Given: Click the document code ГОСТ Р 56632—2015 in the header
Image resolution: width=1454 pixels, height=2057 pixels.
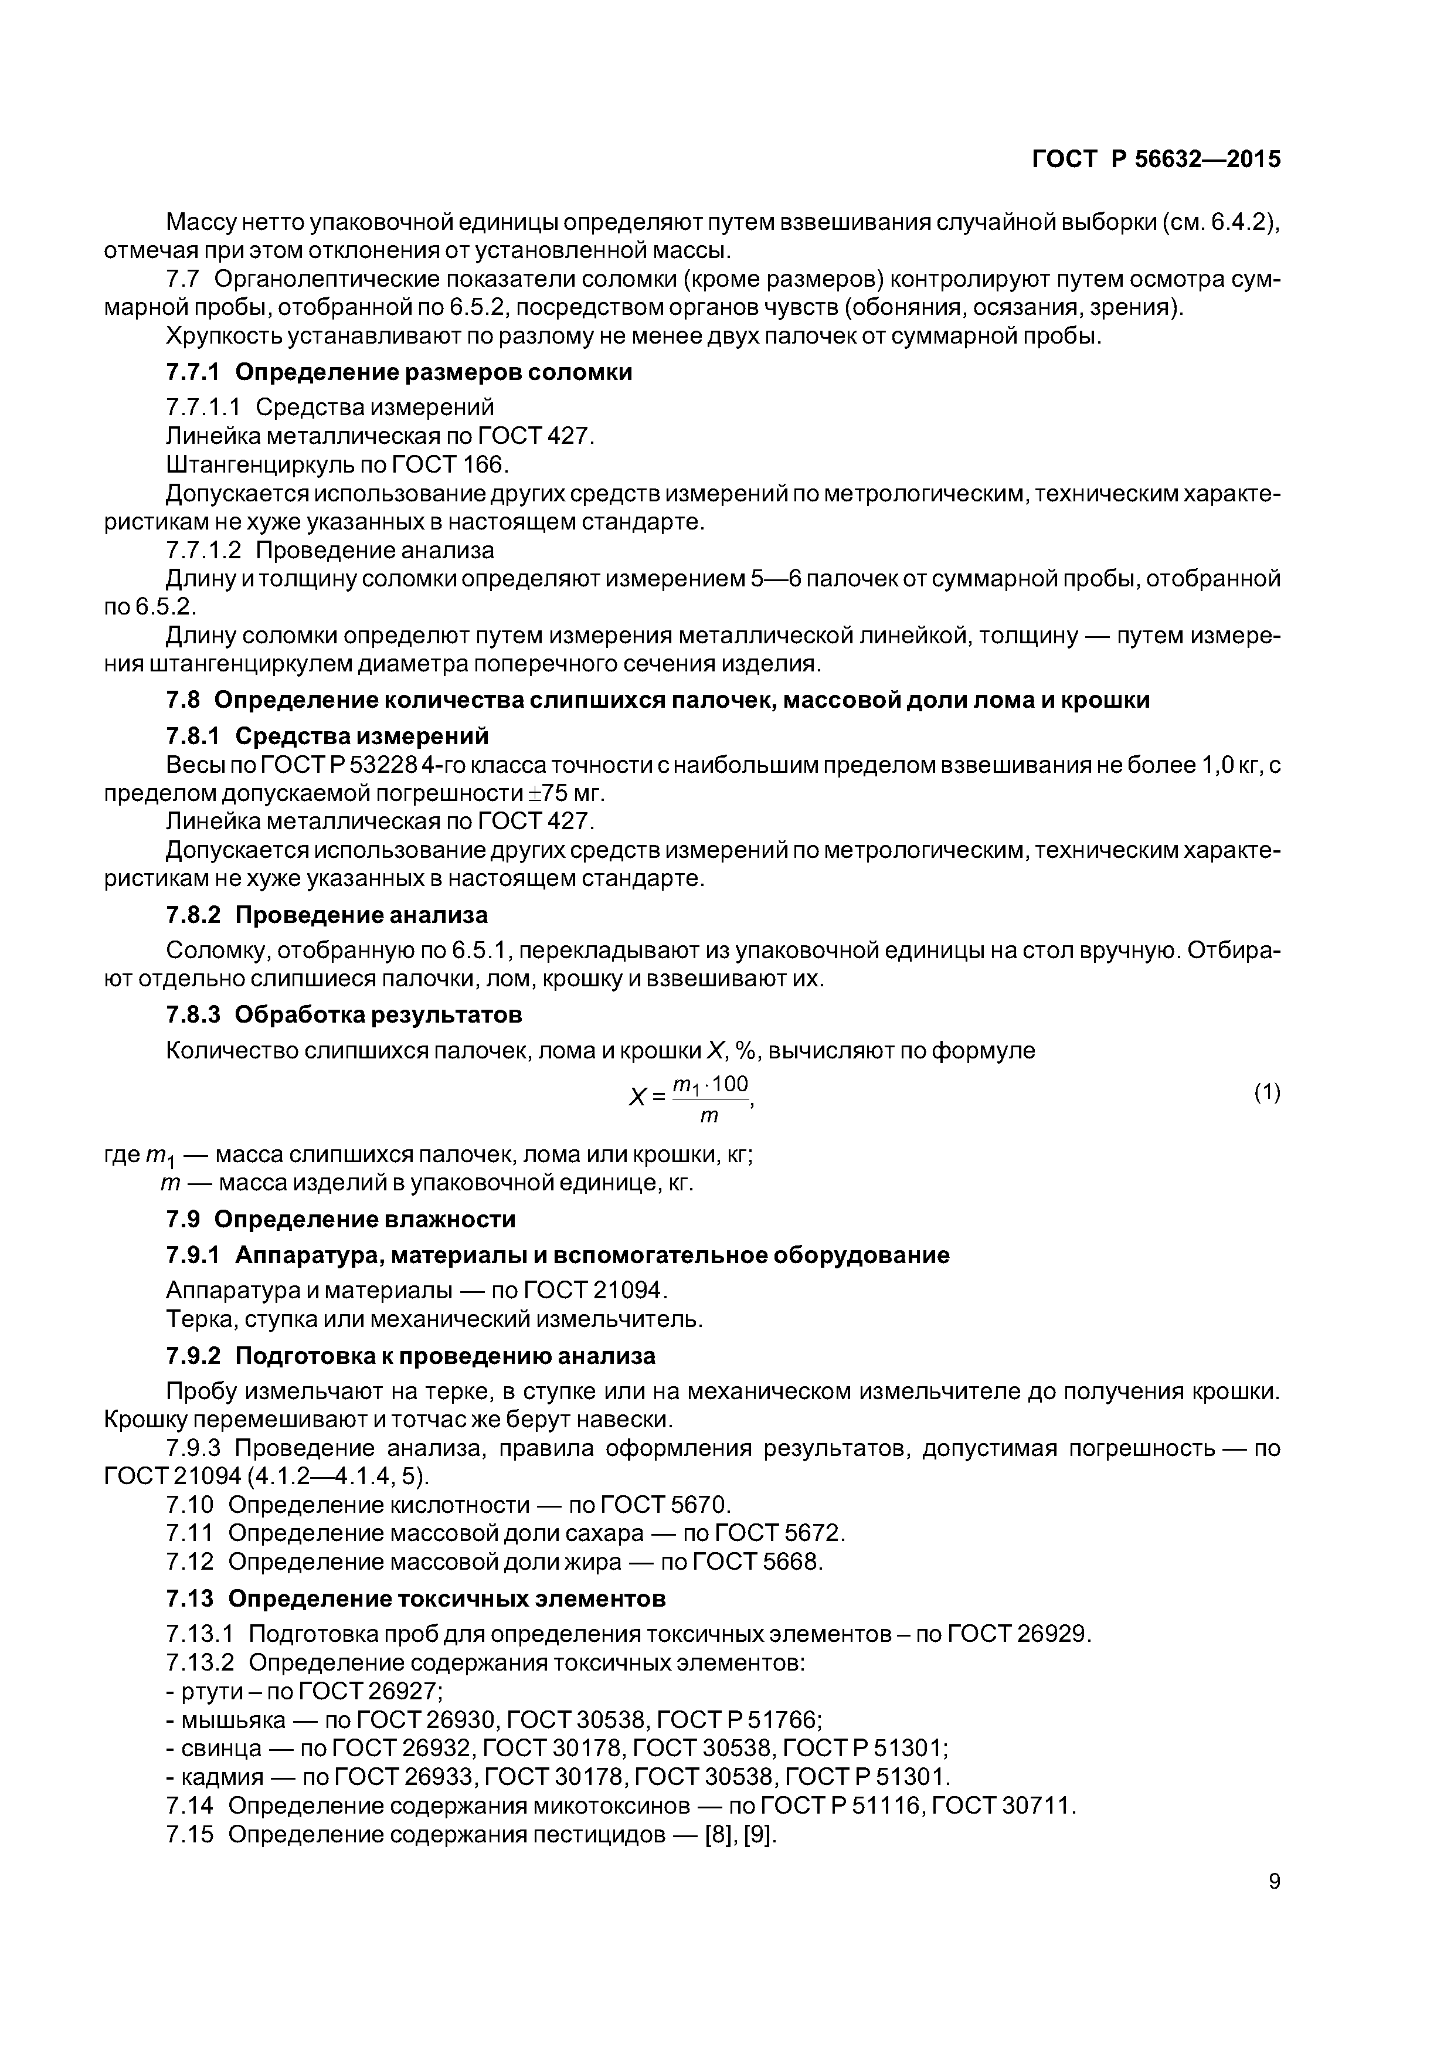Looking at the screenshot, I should pos(1156,159).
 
